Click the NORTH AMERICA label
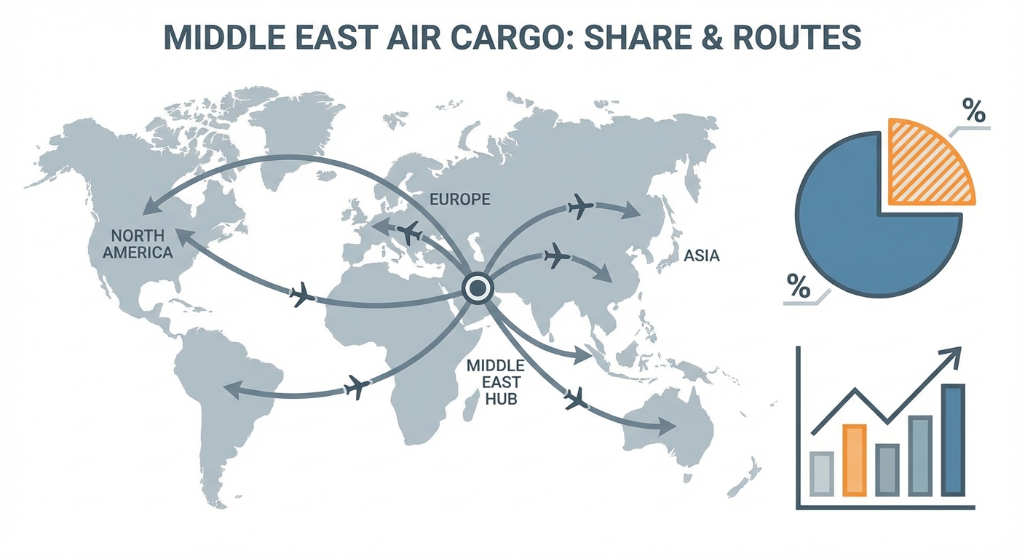coord(138,244)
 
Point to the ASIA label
coord(701,256)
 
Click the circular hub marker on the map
coord(477,289)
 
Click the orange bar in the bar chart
coord(855,460)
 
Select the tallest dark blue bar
coord(953,440)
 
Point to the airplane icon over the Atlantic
coord(301,296)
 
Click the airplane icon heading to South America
coord(355,387)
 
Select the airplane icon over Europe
coord(411,234)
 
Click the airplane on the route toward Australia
coord(576,398)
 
